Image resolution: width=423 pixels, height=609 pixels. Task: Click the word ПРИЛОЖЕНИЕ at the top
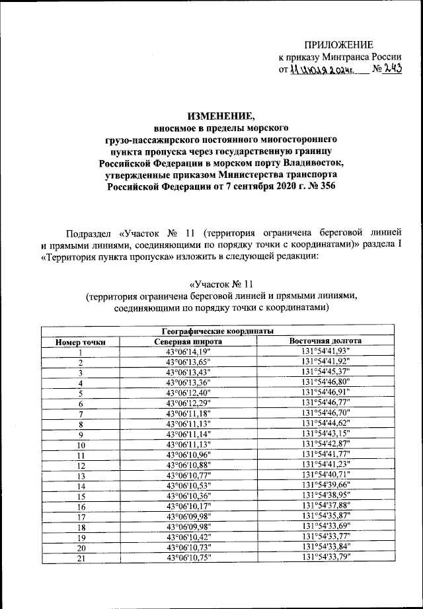(338, 45)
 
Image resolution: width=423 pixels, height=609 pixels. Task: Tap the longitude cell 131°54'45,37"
(326, 372)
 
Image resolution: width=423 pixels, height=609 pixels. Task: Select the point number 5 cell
(81, 393)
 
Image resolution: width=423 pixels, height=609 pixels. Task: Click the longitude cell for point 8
(326, 424)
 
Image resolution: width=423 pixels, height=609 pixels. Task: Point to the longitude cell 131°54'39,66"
(326, 486)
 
